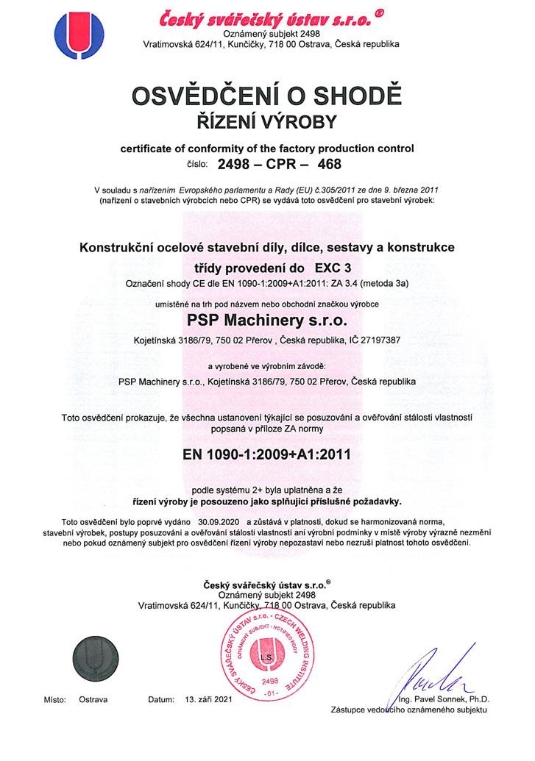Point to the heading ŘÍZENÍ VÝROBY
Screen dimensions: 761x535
pyautogui.click(x=267, y=121)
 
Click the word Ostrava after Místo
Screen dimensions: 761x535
pyautogui.click(x=93, y=700)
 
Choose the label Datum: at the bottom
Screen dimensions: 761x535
pyautogui.click(x=160, y=700)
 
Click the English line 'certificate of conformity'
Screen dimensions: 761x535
pyautogui.click(x=267, y=149)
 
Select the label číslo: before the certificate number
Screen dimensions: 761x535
pyautogui.click(x=198, y=164)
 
